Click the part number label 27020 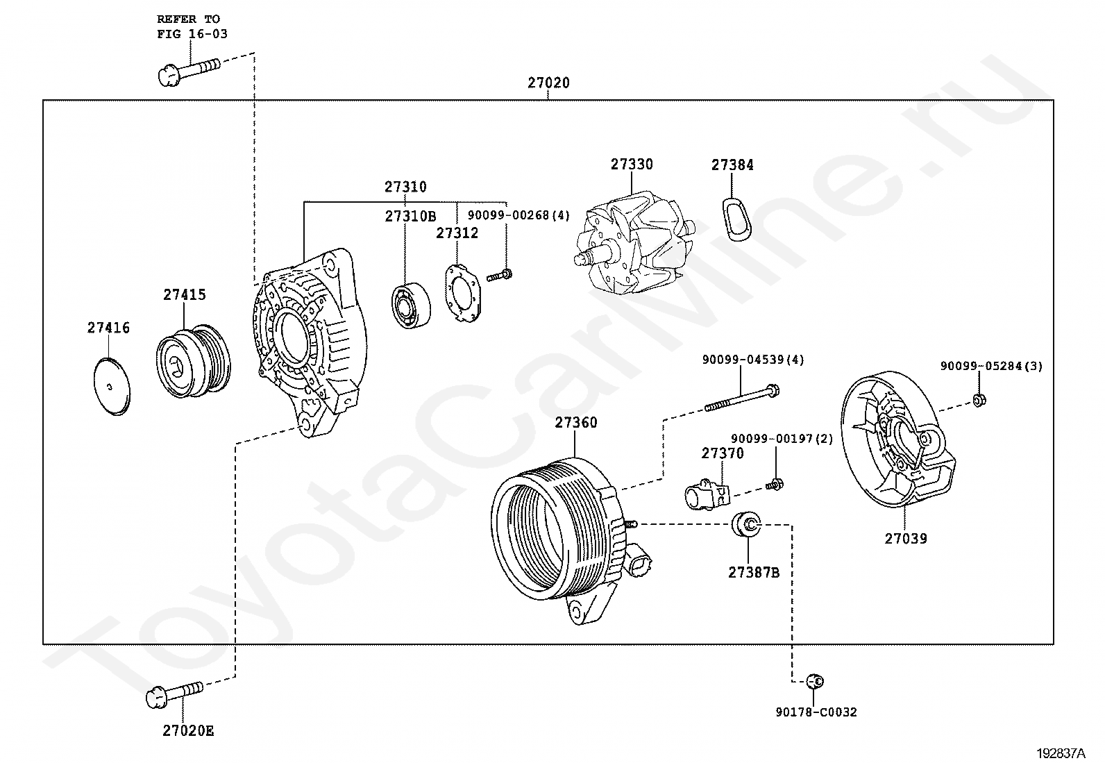548,83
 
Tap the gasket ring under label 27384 737,219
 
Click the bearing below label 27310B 411,305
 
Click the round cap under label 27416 112,387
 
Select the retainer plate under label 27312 463,294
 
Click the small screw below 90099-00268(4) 499,276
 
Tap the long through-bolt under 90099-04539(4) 741,398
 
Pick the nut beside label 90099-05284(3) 979,401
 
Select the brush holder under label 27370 707,494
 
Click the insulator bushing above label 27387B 746,524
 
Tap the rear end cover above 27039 898,439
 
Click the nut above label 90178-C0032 815,681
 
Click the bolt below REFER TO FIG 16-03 189,73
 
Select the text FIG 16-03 192,34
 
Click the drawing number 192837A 1061,753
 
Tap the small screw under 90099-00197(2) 775,485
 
